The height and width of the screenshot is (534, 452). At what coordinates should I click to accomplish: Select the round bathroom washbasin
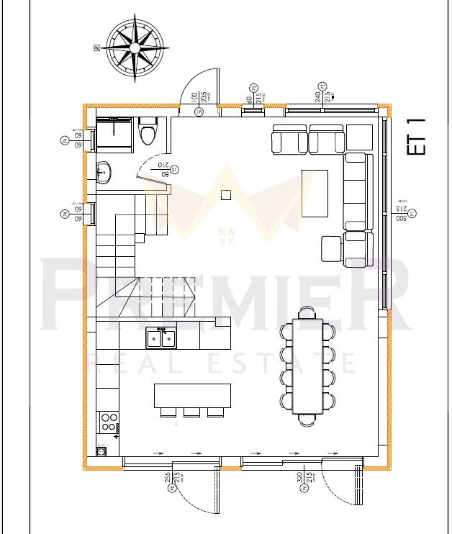[x=104, y=171]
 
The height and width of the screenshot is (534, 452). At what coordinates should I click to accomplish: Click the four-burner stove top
[x=109, y=421]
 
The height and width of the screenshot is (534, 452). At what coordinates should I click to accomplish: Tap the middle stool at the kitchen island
[x=191, y=412]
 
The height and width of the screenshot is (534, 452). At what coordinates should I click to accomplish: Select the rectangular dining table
[x=307, y=366]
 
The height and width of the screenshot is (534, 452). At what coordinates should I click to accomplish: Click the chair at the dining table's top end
[x=307, y=312]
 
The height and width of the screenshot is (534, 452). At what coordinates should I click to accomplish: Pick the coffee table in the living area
[x=315, y=193]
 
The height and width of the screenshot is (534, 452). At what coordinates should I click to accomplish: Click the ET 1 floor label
[x=417, y=136]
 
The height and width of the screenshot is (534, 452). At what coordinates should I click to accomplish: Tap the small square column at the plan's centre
[x=226, y=194]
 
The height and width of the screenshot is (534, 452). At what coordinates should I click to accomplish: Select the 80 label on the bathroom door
[x=165, y=173]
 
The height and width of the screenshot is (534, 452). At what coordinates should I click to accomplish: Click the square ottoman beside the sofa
[x=330, y=249]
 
